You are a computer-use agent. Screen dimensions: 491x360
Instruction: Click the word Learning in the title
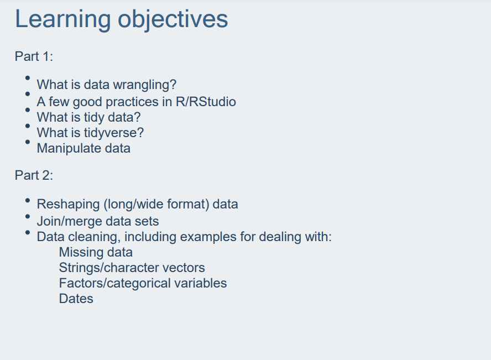click(x=63, y=19)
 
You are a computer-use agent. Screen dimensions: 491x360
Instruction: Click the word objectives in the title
click(x=173, y=19)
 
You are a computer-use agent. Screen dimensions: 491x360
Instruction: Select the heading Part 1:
click(x=34, y=56)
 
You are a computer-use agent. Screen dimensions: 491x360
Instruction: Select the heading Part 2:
click(x=34, y=175)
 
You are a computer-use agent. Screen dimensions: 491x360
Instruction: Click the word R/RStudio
click(x=206, y=102)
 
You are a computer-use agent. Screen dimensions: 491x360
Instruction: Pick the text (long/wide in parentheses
click(x=133, y=205)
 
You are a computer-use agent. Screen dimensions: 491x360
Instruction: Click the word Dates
click(x=76, y=299)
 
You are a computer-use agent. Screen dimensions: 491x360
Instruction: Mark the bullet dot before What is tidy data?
click(x=28, y=110)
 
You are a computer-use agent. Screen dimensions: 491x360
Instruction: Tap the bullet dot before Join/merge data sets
click(x=28, y=216)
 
